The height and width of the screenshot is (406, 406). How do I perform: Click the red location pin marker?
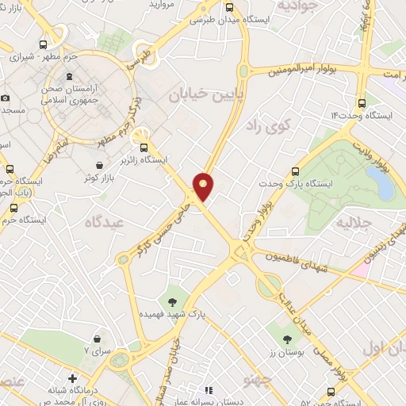point(204,186)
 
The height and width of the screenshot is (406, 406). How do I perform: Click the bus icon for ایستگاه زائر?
point(144,147)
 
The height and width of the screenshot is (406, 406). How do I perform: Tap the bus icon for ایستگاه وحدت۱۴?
point(362,102)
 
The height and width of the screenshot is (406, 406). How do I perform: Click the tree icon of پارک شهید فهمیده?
point(171,301)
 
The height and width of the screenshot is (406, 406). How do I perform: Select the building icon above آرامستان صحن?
point(70,83)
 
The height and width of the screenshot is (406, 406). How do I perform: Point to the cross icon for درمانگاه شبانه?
point(72,379)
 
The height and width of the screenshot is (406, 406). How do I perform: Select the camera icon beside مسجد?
point(6,98)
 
